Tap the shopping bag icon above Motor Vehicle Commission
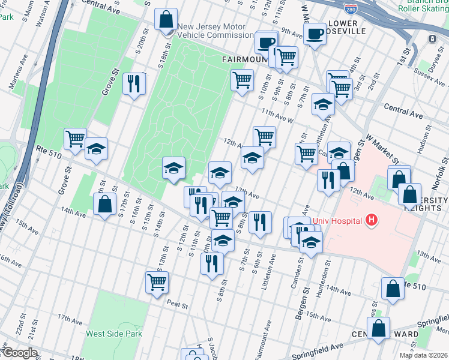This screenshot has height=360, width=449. point(166,19)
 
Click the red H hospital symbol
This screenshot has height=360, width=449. point(372,221)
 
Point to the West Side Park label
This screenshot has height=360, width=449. point(112,334)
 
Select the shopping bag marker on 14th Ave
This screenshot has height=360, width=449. point(105,204)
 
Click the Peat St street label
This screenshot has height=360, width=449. point(178,305)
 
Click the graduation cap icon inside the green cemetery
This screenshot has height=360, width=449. point(173,168)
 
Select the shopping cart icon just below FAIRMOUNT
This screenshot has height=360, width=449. point(242,79)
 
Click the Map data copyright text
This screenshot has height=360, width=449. point(423,355)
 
